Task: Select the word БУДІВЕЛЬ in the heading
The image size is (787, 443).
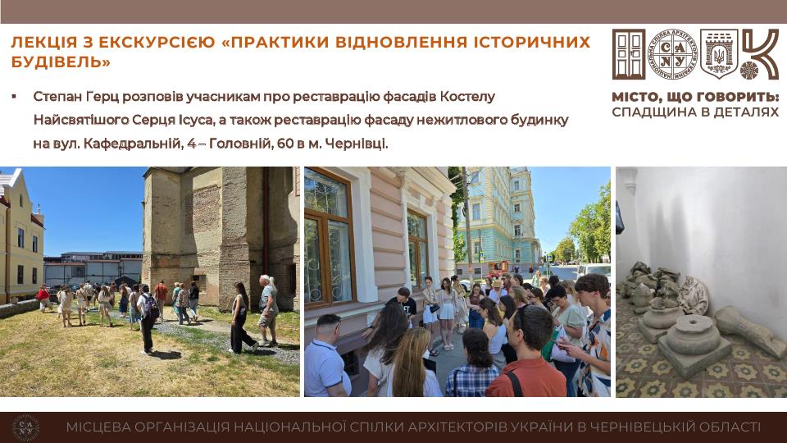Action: tap(57, 62)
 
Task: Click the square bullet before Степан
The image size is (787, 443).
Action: tap(14, 96)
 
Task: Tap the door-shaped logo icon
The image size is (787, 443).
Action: tap(629, 54)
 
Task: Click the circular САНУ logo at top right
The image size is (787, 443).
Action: tap(673, 54)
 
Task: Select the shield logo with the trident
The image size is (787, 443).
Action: tap(719, 54)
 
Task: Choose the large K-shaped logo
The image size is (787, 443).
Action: tap(760, 54)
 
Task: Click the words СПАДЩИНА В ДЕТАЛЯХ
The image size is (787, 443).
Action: tap(695, 112)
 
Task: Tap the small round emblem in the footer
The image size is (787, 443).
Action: tap(25, 428)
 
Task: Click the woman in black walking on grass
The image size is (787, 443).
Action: tap(242, 317)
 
